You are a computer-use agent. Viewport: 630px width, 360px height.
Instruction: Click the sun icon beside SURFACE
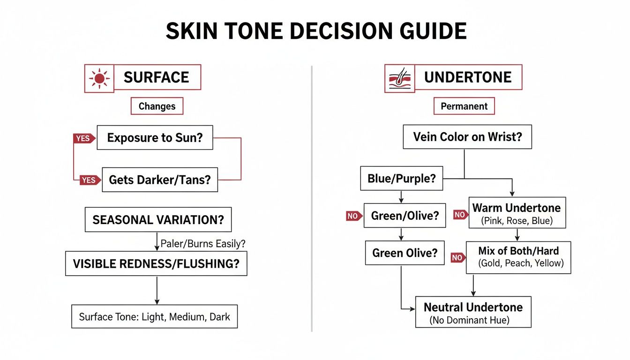[x=99, y=78]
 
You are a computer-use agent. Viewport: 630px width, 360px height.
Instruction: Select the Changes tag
[x=157, y=106]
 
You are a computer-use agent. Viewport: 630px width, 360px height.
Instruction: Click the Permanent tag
[x=464, y=106]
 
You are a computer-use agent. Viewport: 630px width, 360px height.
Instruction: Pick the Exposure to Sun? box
[x=155, y=138]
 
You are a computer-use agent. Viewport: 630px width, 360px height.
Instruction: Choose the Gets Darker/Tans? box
[x=159, y=180]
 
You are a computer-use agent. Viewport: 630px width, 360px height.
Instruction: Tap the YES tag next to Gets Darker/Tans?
[x=90, y=180]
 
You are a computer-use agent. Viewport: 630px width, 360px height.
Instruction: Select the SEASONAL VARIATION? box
[x=158, y=220]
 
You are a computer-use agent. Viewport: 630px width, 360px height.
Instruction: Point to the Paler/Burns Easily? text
[x=203, y=244]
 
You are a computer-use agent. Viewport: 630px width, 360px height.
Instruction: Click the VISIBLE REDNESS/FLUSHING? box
[x=156, y=263]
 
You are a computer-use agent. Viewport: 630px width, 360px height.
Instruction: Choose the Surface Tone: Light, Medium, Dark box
[x=154, y=317]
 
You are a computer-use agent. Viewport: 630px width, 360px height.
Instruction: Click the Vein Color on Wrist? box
[x=467, y=137]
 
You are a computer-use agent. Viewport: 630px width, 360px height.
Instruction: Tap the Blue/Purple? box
[x=401, y=178]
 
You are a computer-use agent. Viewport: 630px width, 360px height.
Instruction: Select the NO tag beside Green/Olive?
[x=353, y=216]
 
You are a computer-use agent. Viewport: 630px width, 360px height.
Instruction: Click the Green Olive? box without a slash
[x=405, y=253]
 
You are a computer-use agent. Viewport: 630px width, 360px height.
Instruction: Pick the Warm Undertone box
[x=516, y=213]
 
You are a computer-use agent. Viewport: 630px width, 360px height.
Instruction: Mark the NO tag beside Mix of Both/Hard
[x=457, y=257]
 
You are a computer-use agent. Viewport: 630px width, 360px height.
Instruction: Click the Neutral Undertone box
[x=473, y=312]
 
